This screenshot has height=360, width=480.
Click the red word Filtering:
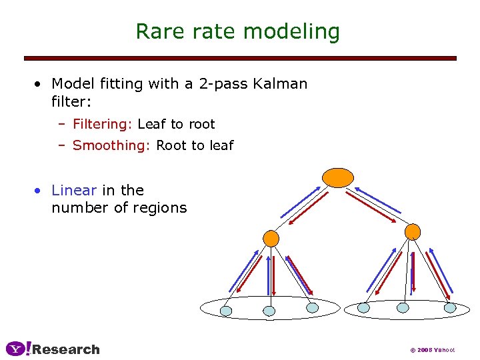tap(103, 124)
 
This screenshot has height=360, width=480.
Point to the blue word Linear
tap(74, 191)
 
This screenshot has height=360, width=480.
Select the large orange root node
tap(338, 177)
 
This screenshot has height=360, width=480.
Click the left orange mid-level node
tap(271, 238)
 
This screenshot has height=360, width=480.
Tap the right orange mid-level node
tap(413, 231)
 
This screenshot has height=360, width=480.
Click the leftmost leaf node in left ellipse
tap(226, 311)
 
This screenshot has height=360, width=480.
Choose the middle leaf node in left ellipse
tap(269, 311)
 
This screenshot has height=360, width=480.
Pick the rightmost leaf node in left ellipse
tap(312, 308)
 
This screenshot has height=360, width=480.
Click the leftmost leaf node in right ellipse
tap(363, 308)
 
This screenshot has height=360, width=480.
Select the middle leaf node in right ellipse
tap(403, 308)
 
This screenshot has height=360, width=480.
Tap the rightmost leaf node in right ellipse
tap(450, 308)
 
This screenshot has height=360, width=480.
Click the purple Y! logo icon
tap(18, 349)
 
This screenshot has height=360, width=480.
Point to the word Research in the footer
tap(66, 349)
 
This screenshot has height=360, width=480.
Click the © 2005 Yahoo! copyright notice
tap(431, 350)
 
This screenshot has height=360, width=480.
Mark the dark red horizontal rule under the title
tap(240, 59)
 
